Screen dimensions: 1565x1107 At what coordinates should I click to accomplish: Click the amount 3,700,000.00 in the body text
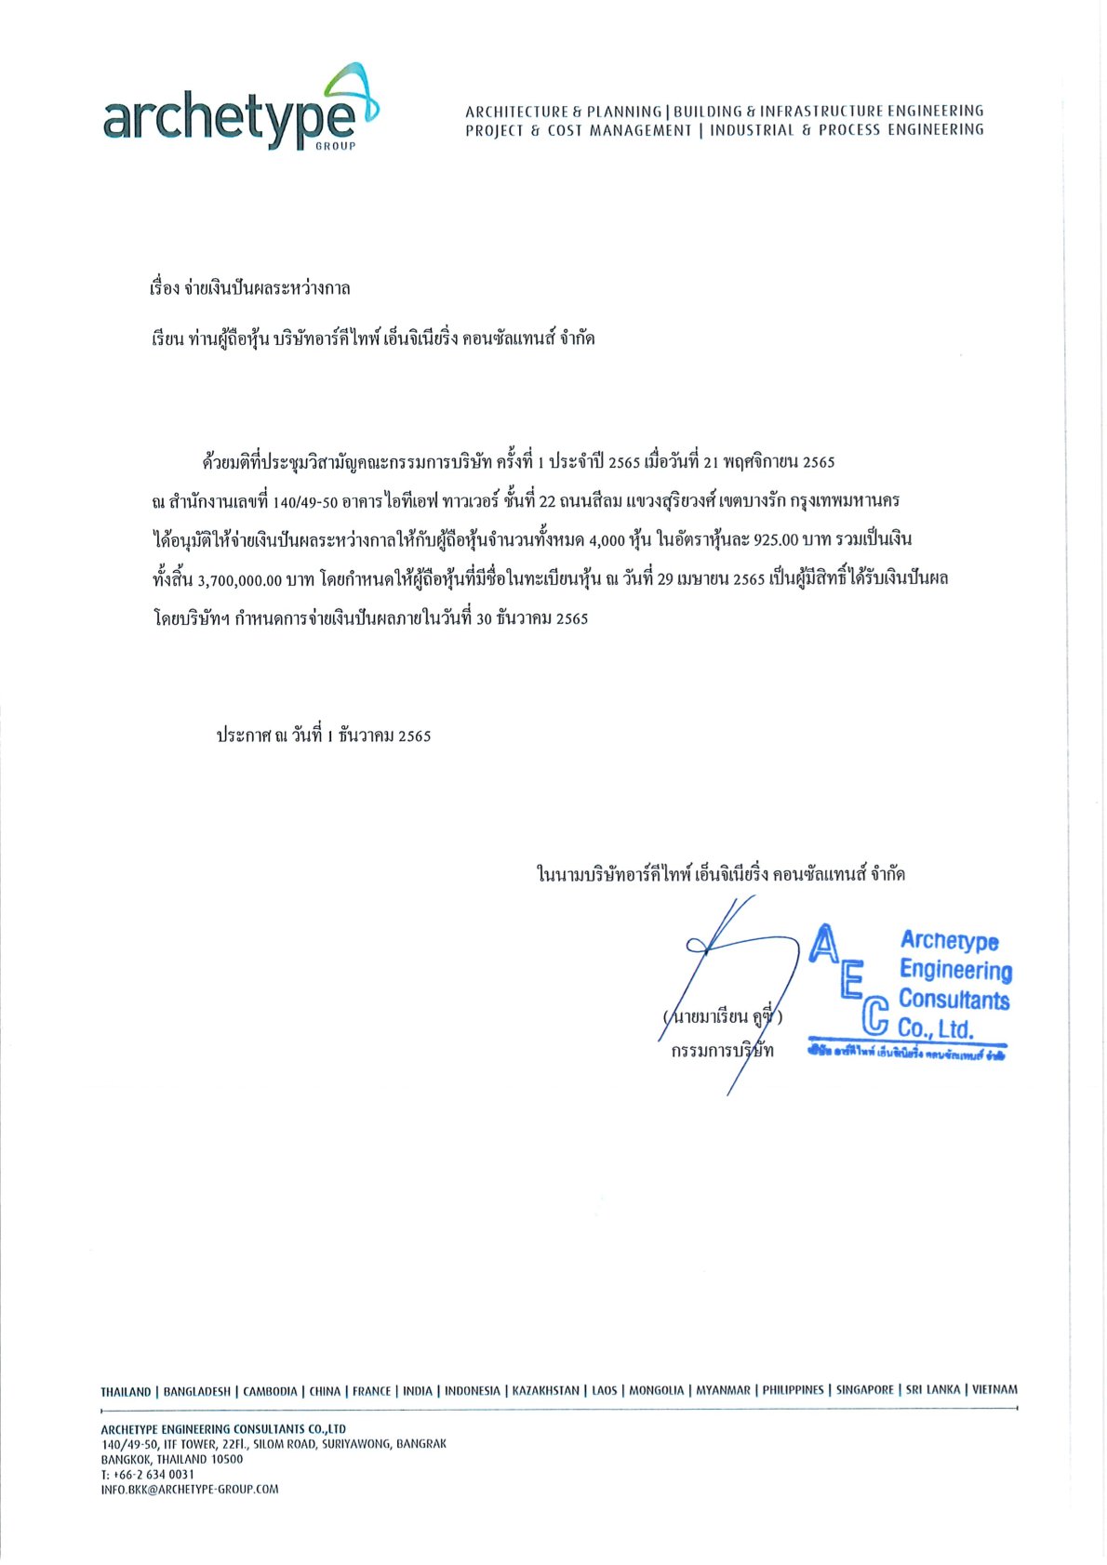239,579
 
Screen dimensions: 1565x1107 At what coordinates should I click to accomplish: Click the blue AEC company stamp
908,992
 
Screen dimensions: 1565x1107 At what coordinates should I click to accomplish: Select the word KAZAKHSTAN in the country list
545,1391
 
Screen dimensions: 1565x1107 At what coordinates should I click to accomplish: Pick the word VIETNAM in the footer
994,1390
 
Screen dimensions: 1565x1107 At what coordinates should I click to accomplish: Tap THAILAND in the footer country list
126,1392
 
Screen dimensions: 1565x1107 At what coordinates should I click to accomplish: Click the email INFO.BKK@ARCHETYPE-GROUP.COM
190,1489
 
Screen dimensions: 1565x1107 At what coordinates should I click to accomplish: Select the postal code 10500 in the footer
227,1459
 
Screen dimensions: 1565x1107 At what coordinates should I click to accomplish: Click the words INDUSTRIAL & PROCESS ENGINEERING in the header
847,130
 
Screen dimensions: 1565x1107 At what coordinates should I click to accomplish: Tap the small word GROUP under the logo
340,146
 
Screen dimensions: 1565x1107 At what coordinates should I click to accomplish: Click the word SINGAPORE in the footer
864,1390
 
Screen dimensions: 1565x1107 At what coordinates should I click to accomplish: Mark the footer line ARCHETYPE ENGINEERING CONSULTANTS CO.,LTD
223,1428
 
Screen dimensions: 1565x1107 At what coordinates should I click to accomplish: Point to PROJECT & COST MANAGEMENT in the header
579,130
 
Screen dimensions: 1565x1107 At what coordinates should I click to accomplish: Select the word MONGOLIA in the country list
656,1391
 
